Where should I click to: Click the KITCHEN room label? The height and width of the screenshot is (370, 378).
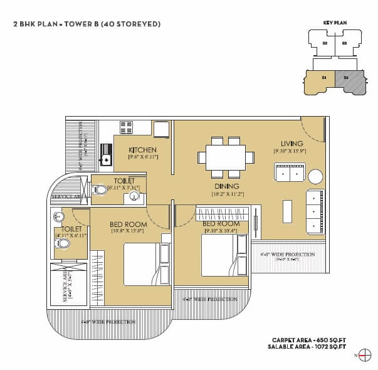coord(142,150)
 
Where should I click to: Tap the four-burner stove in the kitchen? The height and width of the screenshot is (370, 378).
coord(127,127)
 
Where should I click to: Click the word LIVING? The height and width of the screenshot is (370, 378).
coord(292,144)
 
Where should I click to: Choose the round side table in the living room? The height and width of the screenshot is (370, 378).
coord(315,176)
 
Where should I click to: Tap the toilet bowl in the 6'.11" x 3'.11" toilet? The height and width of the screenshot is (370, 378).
coord(101,189)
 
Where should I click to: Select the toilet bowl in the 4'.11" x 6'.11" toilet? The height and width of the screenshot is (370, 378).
coord(61,244)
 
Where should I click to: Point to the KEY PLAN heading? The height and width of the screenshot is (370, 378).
coord(335,22)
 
